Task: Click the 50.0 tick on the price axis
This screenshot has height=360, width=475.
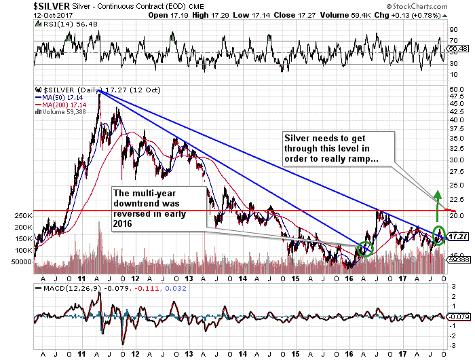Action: [456, 89]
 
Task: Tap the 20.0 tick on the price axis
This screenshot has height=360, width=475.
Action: [456, 216]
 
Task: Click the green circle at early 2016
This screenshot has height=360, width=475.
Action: [364, 249]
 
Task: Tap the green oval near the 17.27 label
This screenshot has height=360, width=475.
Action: [438, 234]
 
